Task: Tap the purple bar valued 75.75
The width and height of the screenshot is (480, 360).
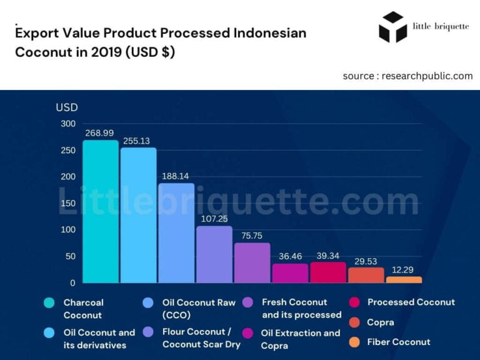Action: pos(252,262)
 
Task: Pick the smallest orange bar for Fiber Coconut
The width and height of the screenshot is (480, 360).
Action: pos(404,279)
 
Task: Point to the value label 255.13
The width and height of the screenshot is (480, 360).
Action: pos(138,141)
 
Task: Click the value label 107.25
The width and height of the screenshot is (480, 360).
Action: pos(214,219)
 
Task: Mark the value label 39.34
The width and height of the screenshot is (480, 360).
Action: pos(328,256)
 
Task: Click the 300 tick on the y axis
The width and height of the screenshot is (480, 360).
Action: pos(68,124)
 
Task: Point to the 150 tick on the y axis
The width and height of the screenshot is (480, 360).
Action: pos(68,203)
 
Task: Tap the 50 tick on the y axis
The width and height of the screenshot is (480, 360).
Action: pos(71,256)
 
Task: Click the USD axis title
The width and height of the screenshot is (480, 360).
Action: pos(67,107)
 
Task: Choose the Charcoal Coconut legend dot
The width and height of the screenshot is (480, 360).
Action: pos(49,303)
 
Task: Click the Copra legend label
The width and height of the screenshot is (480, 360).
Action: pos(381,322)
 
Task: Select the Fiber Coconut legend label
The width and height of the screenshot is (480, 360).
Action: pos(399,342)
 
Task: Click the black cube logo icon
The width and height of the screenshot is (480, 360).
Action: pos(392,27)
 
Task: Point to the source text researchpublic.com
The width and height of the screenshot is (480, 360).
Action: pos(407,76)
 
